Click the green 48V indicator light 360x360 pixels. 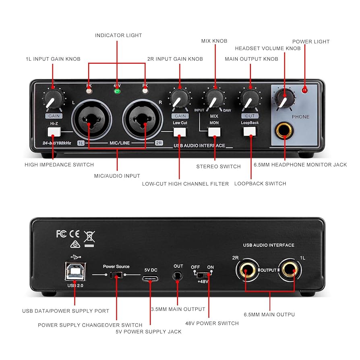click(x=117, y=91)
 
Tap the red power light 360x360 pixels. click(x=305, y=90)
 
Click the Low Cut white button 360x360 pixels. click(x=180, y=132)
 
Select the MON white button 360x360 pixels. click(x=214, y=132)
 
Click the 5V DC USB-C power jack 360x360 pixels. click(x=150, y=278)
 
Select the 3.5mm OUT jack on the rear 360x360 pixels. click(x=178, y=276)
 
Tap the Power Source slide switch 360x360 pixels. click(x=116, y=275)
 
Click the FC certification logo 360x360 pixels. click(x=62, y=234)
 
